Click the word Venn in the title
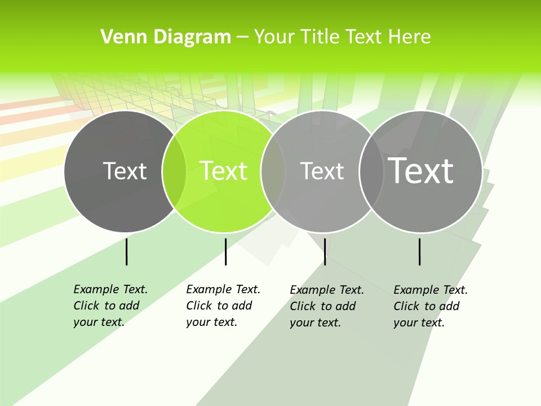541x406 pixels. [x=119, y=37]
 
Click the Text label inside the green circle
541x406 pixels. [x=223, y=171]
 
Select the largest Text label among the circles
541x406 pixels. [x=421, y=171]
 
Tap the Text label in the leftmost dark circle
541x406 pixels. [x=125, y=171]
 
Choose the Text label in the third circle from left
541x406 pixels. [x=322, y=171]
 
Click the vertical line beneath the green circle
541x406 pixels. [x=225, y=251]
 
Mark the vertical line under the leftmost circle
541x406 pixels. [x=126, y=251]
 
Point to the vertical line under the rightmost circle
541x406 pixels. [x=419, y=251]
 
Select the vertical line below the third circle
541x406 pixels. [x=325, y=251]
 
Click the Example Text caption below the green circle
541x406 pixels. [x=223, y=306]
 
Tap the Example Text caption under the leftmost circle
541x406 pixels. [x=110, y=306]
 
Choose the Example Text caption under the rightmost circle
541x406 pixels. [x=430, y=306]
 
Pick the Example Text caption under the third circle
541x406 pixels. [x=326, y=306]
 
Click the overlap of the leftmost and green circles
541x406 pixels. [x=174, y=171]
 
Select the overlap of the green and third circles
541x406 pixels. [x=273, y=171]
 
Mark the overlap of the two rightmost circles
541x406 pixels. [x=371, y=171]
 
